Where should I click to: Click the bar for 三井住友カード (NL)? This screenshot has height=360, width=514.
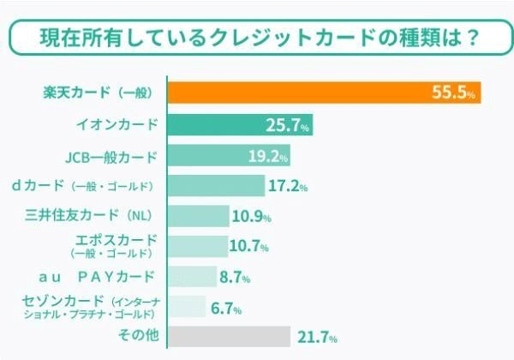click(x=198, y=215)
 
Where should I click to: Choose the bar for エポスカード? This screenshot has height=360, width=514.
click(x=197, y=246)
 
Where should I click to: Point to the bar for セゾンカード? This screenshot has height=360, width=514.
click(x=186, y=306)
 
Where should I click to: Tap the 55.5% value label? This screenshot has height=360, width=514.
click(x=455, y=93)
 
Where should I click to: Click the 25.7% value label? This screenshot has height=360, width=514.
click(x=287, y=126)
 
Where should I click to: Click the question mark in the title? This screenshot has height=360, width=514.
click(x=469, y=39)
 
